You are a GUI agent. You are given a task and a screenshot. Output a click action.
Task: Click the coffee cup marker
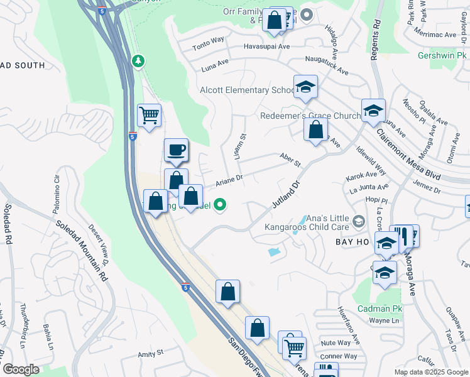point(176,150)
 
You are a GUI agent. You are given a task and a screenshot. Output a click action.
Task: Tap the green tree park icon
point(138,61)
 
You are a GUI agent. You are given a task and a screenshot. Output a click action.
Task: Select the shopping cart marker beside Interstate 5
point(150,116)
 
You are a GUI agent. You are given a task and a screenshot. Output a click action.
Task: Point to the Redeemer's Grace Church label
point(310,116)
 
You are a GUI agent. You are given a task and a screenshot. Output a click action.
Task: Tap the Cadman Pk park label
point(375,309)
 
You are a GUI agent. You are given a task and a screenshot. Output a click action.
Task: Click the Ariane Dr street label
point(229,180)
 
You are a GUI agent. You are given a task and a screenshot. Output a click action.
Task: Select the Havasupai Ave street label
point(266,46)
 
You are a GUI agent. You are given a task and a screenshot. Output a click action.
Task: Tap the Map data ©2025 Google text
point(430,371)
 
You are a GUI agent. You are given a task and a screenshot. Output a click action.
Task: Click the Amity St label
point(151,354)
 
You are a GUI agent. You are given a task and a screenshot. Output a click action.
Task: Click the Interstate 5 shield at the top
point(102,11)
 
